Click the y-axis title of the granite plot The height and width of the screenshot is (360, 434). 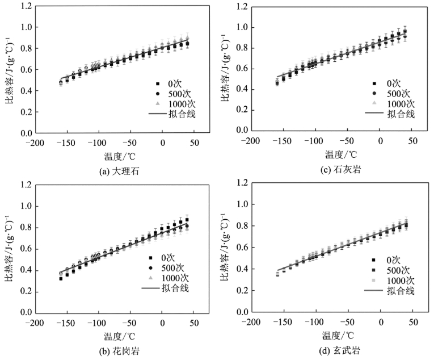click(7, 248)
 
